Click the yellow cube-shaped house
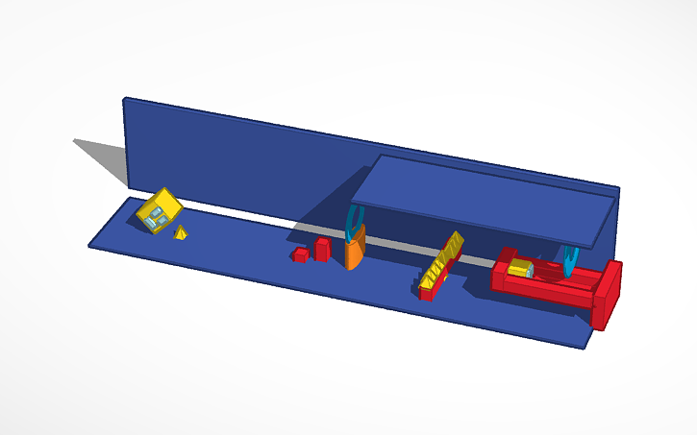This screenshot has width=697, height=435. coord(159,210)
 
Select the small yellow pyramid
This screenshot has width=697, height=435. coord(180,232)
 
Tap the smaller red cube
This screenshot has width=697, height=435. coord(301,254)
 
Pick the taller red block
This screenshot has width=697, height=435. coord(322,249)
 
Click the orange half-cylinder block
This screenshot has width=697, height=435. coord(354,253)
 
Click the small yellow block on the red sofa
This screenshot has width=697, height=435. coord(521,269)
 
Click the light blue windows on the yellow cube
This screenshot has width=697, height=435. coord(156,216)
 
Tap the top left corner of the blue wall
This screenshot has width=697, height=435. coord(125,99)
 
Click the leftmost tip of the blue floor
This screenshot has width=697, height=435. coord(90,245)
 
